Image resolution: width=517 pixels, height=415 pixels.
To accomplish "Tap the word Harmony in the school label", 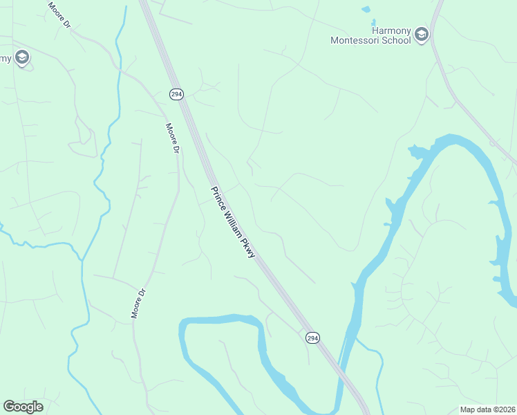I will [391, 30].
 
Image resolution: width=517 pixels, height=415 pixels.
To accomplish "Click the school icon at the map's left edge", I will [22, 57].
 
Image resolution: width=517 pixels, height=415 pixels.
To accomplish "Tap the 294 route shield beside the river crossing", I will [313, 337].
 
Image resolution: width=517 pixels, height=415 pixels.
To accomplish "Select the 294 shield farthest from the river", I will [177, 93].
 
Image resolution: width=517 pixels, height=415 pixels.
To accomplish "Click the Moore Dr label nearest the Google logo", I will [139, 303].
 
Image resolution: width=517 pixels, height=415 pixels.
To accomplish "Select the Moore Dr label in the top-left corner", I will [59, 15].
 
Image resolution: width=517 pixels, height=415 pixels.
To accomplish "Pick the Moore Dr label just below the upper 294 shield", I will [173, 138].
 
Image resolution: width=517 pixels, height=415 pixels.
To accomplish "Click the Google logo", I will [23, 407].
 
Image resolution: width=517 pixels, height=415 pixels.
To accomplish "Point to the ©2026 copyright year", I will [505, 409].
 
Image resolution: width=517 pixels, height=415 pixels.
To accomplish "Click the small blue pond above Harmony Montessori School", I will [366, 10].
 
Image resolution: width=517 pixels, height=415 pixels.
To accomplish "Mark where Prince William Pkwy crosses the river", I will [341, 377].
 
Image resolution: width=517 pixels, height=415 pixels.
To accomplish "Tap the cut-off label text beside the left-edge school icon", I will [5, 57].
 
